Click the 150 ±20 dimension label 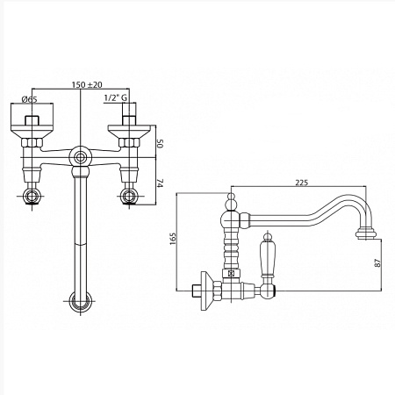(87, 84)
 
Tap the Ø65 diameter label (30, 99)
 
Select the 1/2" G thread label (116, 98)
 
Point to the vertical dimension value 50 (160, 143)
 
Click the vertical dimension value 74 (160, 183)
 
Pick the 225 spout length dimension (302, 183)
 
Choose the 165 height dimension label (173, 239)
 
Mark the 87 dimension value (378, 262)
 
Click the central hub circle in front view (80, 158)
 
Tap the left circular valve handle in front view (32, 196)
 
